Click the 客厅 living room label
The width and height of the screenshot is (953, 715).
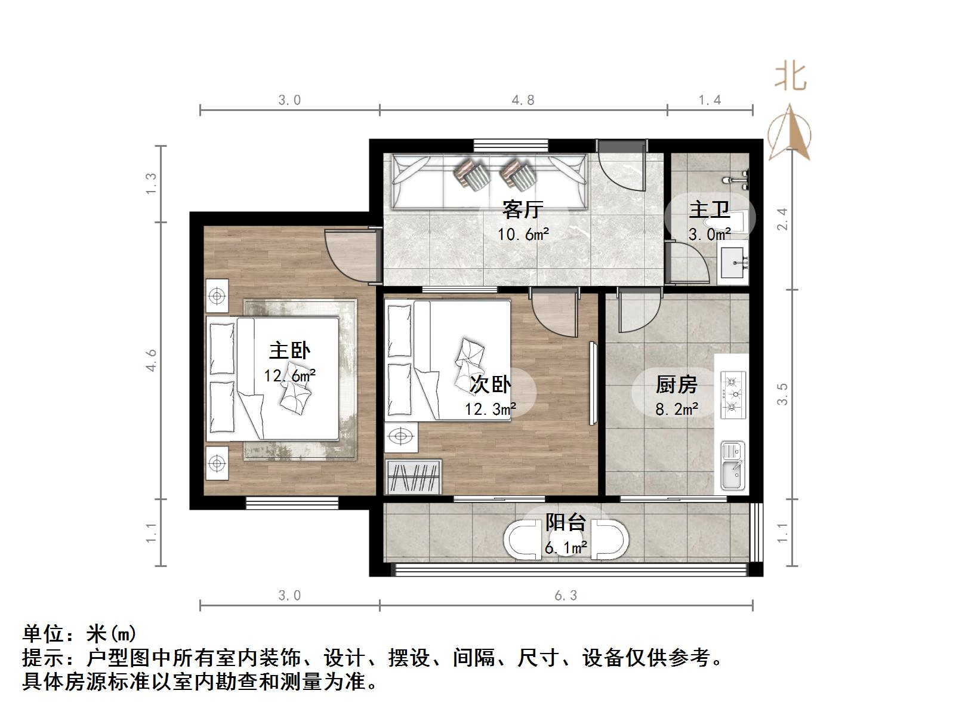(x=522, y=210)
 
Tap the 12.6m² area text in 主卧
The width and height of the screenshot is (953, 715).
(x=289, y=375)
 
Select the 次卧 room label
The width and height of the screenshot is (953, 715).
(x=490, y=384)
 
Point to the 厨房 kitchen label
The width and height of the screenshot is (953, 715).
(x=676, y=385)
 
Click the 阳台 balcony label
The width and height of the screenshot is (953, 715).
(x=565, y=523)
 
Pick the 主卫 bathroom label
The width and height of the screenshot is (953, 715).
(x=710, y=210)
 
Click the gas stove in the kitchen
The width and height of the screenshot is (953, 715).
(x=733, y=395)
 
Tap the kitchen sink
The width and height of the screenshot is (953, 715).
(x=732, y=466)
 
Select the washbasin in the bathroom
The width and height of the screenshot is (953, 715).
(x=733, y=263)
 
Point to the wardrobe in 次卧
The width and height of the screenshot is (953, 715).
(x=414, y=477)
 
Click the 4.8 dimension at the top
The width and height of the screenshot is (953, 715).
(x=523, y=100)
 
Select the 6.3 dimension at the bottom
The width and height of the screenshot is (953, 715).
(x=565, y=596)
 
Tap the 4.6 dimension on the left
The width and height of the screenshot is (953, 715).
(x=152, y=360)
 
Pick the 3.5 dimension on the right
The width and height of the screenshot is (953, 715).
(x=782, y=394)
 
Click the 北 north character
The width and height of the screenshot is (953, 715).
(x=790, y=76)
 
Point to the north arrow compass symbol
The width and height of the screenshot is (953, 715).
(x=789, y=132)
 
